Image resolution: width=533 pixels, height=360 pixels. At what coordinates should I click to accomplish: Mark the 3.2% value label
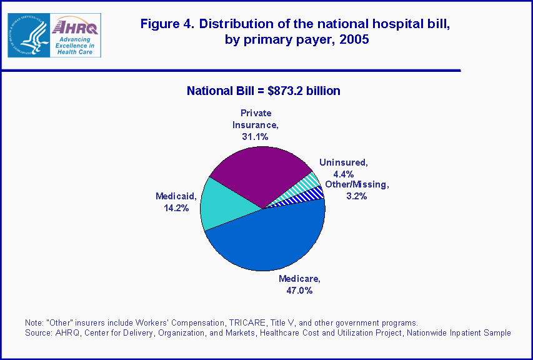tap(356, 196)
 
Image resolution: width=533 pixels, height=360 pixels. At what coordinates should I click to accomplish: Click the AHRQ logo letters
tap(74, 26)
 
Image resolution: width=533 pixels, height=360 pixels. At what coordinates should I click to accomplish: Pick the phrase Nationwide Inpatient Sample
tap(459, 332)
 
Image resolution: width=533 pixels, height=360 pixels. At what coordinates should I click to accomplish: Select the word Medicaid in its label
tap(177, 196)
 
